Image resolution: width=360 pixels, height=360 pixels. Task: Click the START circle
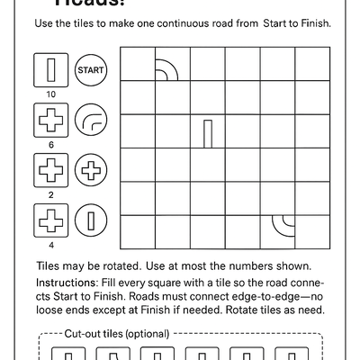(90, 68)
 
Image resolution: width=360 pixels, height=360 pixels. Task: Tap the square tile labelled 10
(50, 68)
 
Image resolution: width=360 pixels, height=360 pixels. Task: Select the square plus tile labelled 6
(50, 119)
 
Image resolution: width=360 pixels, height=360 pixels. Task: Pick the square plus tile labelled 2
(50, 169)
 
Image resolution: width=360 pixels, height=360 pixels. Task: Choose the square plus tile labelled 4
(50, 220)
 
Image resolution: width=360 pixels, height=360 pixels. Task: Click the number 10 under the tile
(50, 93)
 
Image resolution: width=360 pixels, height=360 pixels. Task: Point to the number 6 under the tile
(50, 143)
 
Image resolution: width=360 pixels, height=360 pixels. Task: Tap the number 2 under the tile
(50, 193)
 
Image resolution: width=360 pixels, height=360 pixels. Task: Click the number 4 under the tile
(50, 244)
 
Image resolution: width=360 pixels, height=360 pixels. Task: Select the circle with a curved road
(90, 119)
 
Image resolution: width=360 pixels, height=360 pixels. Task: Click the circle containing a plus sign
(90, 169)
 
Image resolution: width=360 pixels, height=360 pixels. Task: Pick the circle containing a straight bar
(90, 220)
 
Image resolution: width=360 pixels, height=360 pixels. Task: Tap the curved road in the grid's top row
(166, 70)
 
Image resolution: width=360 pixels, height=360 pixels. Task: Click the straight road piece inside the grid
(208, 132)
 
